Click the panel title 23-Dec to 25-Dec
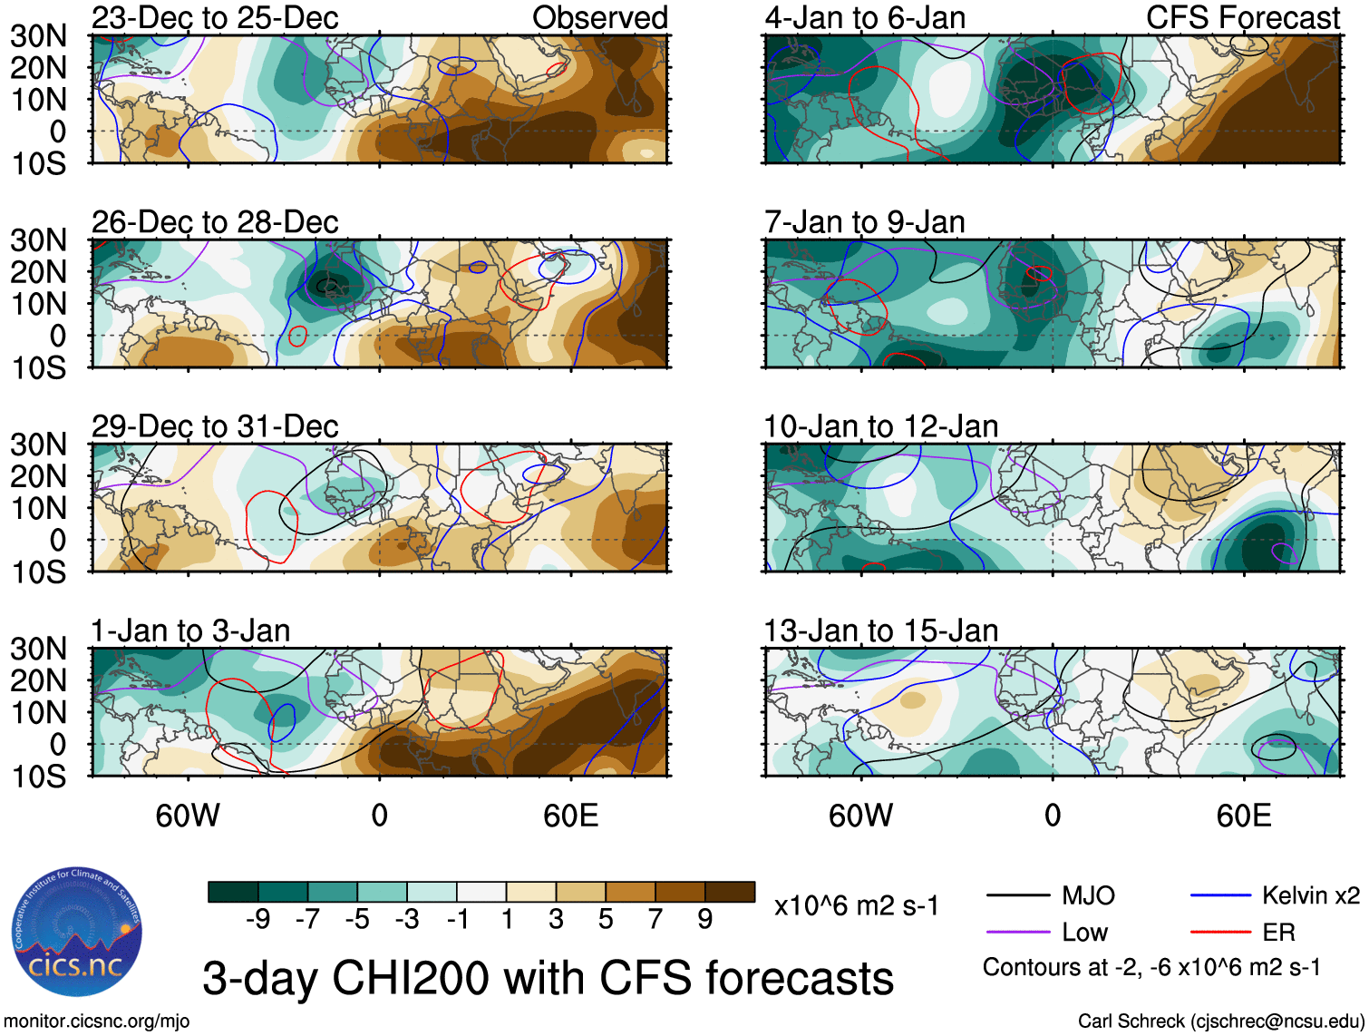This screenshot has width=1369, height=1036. (x=215, y=17)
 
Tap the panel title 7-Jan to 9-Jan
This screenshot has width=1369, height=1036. (x=864, y=221)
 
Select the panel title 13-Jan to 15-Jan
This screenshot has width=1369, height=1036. (x=880, y=630)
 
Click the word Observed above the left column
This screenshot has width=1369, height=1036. (x=599, y=17)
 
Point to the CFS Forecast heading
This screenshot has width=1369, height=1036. (x=1242, y=17)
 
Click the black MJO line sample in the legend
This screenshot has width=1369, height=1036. (x=1018, y=896)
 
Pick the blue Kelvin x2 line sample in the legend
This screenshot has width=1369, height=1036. (x=1220, y=896)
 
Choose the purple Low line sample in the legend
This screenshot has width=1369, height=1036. (x=1018, y=932)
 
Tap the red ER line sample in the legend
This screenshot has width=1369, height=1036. (x=1220, y=932)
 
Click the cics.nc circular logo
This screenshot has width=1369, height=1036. (x=77, y=931)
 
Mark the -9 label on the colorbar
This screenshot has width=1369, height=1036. (x=258, y=920)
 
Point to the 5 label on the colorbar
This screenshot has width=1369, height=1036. (x=606, y=920)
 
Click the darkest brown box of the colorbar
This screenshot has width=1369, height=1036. (x=730, y=892)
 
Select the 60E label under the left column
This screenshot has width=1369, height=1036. (x=570, y=816)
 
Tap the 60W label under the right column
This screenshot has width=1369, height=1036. (x=860, y=816)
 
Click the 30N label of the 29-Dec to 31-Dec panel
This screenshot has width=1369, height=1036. (x=38, y=445)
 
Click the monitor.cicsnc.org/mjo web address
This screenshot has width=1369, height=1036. (x=97, y=1021)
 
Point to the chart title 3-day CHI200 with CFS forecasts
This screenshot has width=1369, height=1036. (x=548, y=978)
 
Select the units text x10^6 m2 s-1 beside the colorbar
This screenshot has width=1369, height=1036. (x=856, y=905)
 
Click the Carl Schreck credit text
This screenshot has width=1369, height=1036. (x=1220, y=1021)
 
